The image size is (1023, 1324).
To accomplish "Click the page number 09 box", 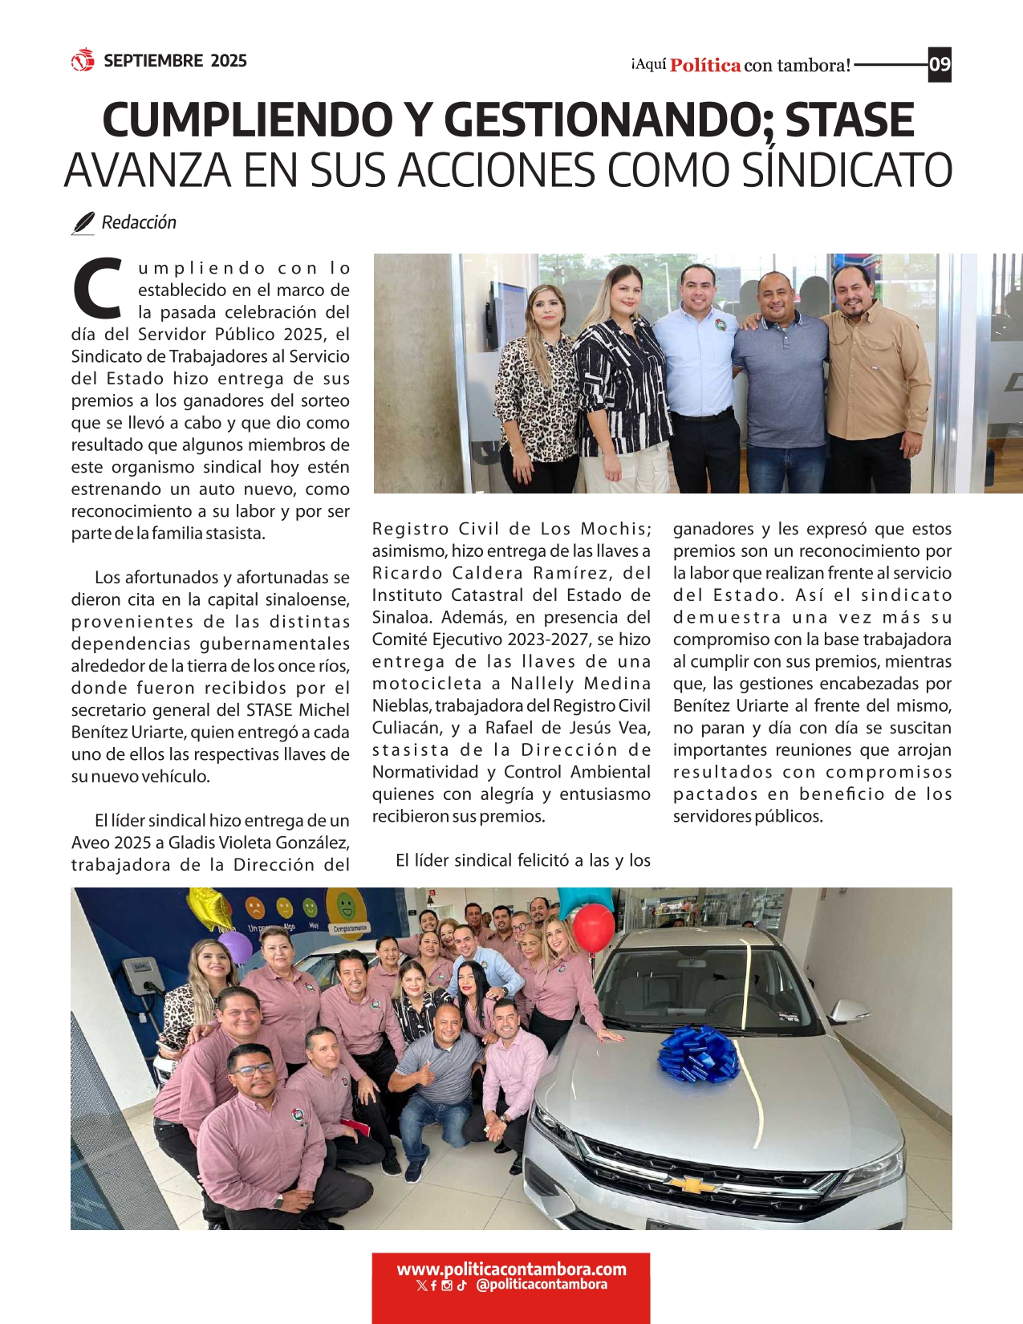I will (940, 64).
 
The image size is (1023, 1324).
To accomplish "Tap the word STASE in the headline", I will (849, 120).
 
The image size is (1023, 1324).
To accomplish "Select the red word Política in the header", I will (705, 66).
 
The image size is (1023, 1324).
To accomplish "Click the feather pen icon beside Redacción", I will (83, 223).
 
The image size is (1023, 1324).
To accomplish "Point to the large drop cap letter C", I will (98, 286).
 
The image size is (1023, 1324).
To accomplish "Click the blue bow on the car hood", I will (698, 1052).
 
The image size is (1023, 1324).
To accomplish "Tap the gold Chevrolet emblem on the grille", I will (692, 1184).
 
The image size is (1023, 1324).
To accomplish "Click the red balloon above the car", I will (594, 927).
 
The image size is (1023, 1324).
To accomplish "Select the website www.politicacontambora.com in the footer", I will (511, 1269).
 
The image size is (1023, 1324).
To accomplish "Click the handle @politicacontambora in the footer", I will (542, 1285).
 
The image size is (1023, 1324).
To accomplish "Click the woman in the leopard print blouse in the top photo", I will (536, 385).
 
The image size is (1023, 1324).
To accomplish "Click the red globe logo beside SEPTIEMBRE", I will (83, 60).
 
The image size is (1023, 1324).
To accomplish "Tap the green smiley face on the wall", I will (347, 906).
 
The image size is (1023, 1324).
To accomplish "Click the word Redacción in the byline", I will (139, 223).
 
